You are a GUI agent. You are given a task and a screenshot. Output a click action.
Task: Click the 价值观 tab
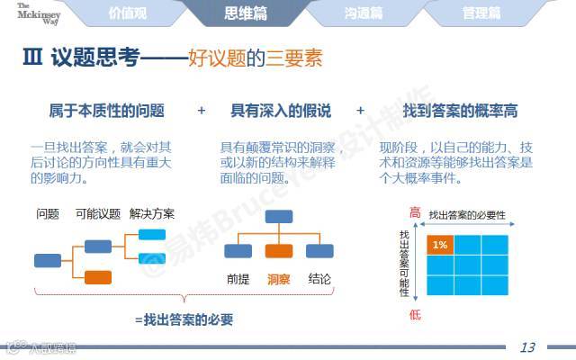click(x=126, y=13)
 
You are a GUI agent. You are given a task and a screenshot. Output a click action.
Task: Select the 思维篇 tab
click(x=245, y=13)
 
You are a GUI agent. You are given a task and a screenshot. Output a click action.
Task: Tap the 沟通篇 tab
click(x=363, y=13)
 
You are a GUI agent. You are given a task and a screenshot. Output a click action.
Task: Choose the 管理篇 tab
click(x=481, y=13)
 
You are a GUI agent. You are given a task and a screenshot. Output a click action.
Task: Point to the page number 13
click(x=528, y=347)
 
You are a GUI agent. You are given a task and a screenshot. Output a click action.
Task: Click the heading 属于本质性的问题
click(x=106, y=112)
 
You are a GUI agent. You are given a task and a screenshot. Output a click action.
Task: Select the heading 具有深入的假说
click(x=281, y=112)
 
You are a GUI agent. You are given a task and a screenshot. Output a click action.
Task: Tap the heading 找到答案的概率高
click(x=461, y=112)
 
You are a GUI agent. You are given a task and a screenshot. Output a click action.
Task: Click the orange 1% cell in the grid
click(x=440, y=244)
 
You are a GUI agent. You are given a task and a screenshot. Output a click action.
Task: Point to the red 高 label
click(x=415, y=213)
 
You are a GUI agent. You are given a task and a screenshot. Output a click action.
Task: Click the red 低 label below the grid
click(x=415, y=314)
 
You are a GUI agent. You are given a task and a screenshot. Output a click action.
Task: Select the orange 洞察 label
click(x=280, y=278)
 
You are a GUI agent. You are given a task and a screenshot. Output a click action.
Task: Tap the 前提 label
click(x=238, y=278)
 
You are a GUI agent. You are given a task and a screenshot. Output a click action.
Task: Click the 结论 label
click(x=319, y=278)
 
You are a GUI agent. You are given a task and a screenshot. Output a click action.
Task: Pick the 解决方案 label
click(x=152, y=214)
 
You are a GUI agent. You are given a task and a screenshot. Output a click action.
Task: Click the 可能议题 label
click(x=98, y=214)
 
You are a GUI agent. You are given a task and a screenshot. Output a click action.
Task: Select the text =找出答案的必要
click(x=184, y=319)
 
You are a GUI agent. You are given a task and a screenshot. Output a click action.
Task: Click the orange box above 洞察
click(x=279, y=251)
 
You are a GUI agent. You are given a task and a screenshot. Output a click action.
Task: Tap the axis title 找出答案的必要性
click(x=467, y=215)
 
